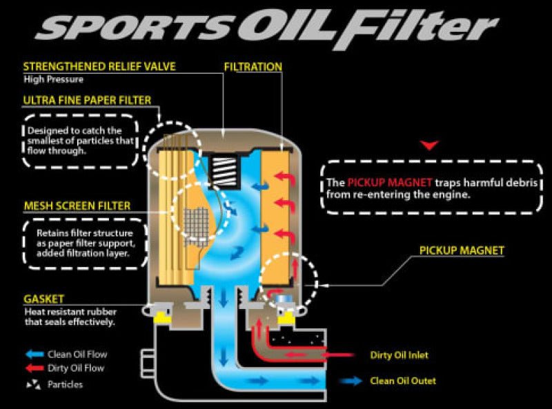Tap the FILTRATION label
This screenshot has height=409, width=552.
(253, 67)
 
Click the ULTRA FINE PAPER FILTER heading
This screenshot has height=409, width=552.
(87, 100)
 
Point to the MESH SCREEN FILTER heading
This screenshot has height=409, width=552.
(77, 206)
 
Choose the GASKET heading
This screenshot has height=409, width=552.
(43, 299)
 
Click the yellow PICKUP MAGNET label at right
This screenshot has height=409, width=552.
(462, 250)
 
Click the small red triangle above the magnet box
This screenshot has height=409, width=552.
(431, 145)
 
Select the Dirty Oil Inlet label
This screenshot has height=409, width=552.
(399, 355)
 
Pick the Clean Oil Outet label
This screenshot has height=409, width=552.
(403, 380)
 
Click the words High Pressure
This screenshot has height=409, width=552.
(50, 79)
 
